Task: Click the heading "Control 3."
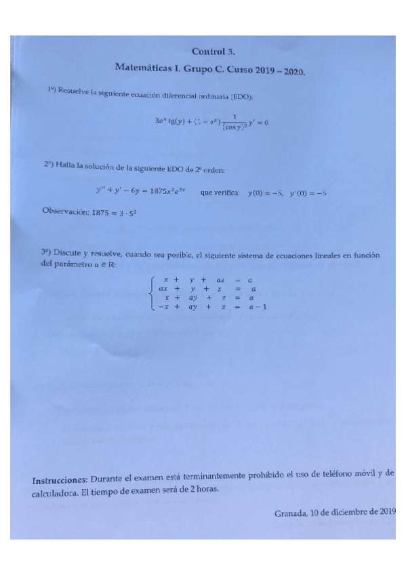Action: coord(214,51)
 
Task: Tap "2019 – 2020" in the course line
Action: coord(281,70)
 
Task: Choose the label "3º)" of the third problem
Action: coord(46,252)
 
